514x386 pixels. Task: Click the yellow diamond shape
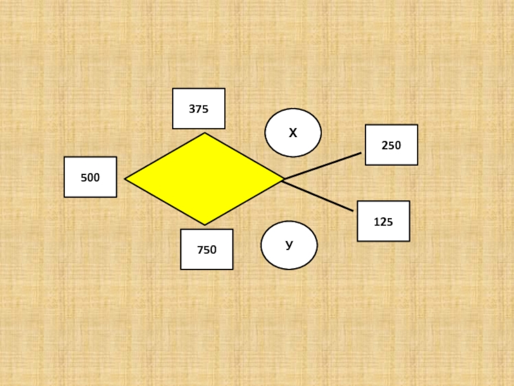204,179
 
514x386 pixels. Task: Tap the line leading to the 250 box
321,166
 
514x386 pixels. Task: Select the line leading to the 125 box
318,196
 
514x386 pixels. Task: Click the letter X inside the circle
293,133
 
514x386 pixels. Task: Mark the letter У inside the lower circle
289,245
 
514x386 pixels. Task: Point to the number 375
199,109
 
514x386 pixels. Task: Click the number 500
90,178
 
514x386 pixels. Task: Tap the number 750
206,250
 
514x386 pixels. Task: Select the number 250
391,145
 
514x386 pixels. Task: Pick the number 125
383,222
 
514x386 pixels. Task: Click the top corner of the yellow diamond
205,134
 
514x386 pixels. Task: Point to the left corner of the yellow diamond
126,179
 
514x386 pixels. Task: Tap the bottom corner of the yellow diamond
204,224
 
